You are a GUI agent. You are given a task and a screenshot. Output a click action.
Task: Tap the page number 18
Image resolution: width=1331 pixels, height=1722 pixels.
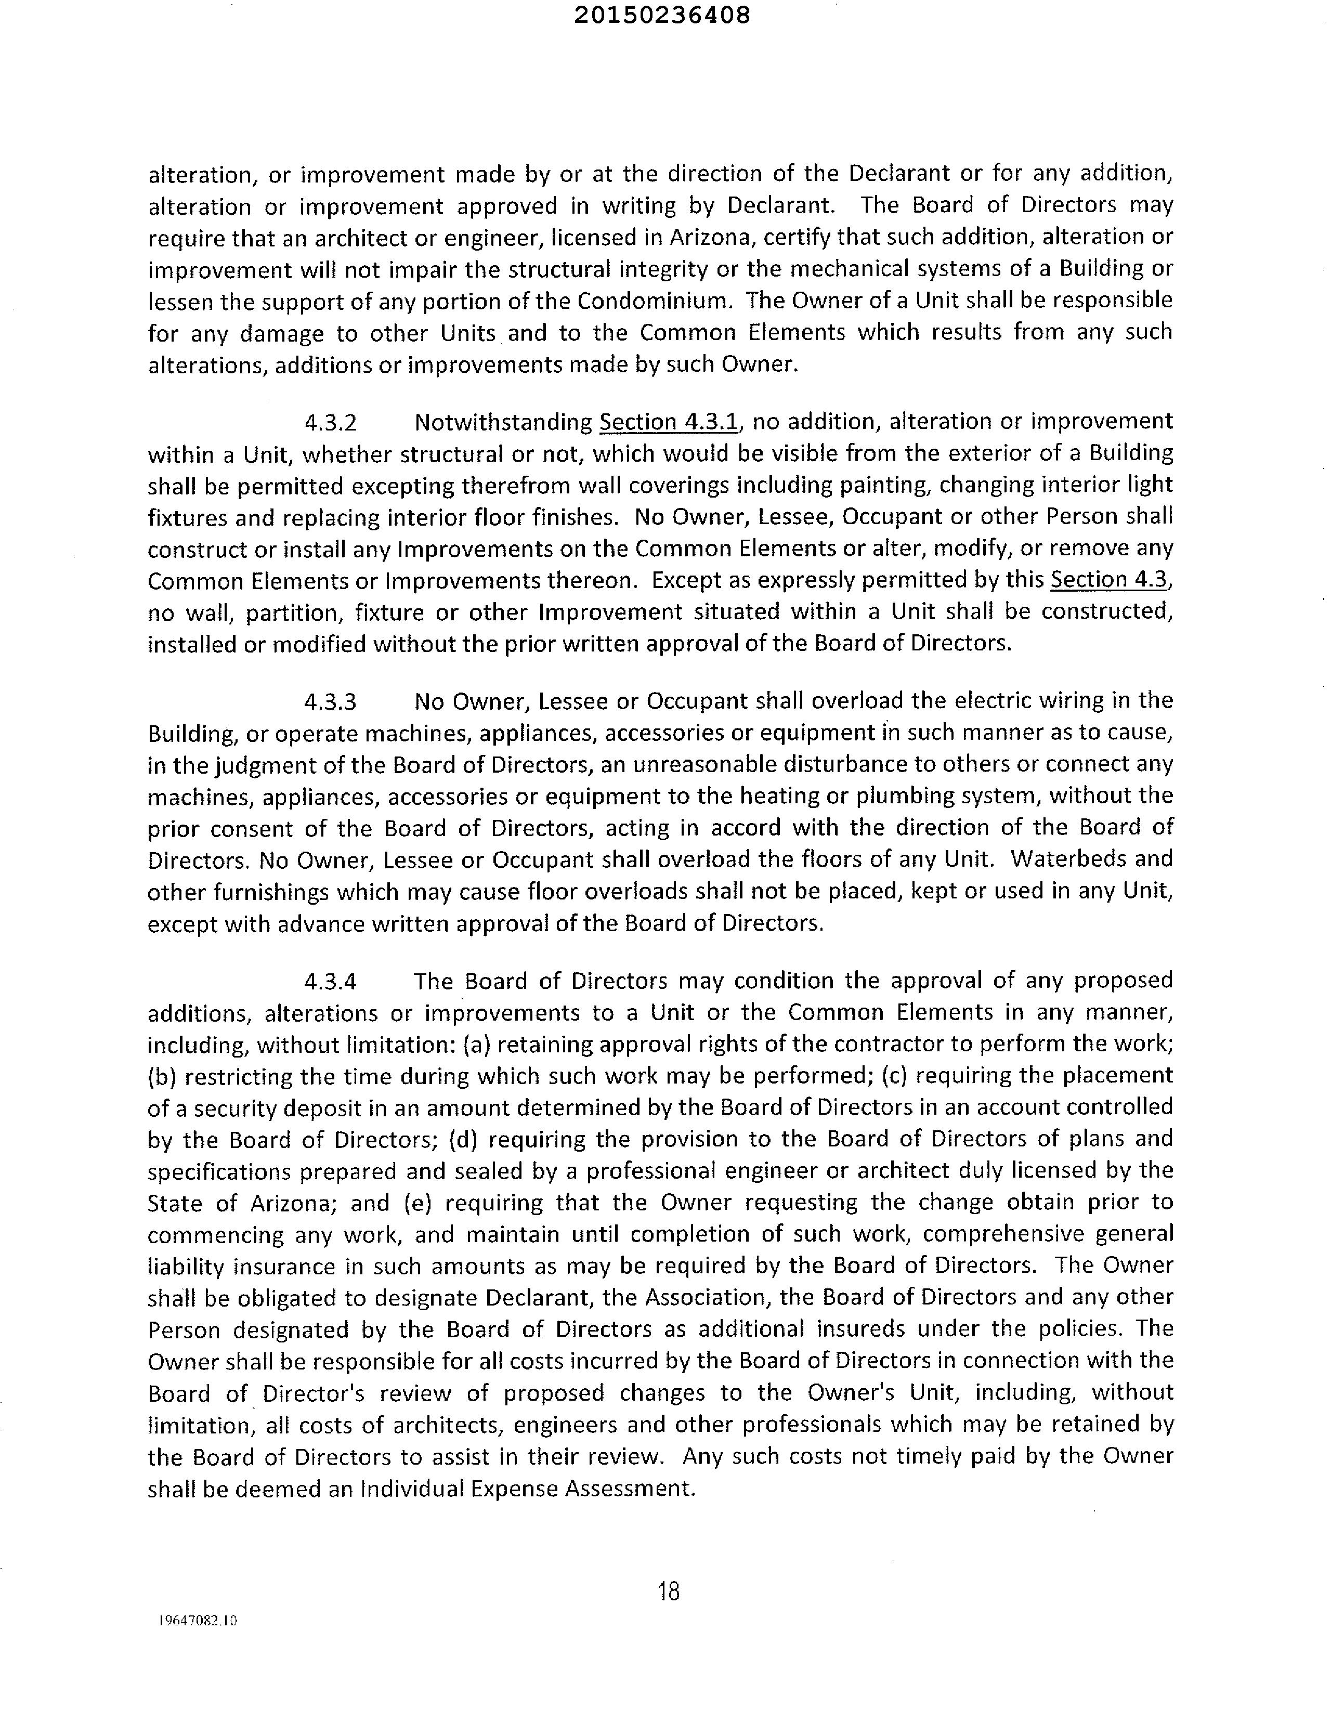coord(668,1591)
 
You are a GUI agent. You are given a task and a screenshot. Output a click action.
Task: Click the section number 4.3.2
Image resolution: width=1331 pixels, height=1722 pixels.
coord(330,423)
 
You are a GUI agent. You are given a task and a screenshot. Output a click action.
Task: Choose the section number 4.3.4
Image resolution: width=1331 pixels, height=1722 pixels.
coord(330,982)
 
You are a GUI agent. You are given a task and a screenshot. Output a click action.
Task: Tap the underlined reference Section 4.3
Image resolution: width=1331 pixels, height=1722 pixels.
coord(1110,580)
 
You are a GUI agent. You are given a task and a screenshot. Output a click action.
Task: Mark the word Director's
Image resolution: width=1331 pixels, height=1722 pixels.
coord(313,1394)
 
